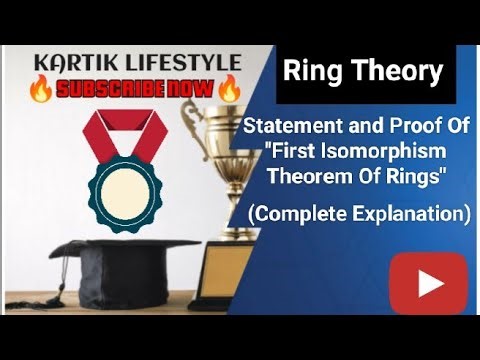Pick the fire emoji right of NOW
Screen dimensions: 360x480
point(228,90)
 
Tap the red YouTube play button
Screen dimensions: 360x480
point(428,283)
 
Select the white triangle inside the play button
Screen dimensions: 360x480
point(430,283)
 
